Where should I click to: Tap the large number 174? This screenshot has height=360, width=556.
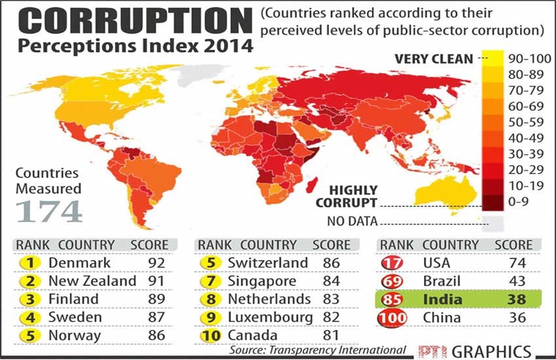coord(49,211)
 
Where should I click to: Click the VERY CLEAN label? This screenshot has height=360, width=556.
coord(433,59)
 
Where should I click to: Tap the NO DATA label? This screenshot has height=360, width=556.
coord(353,221)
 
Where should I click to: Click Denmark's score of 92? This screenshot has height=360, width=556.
coord(155,262)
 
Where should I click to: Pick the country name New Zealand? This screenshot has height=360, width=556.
coord(92,281)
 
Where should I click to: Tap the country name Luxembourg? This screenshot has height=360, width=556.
coord(270,317)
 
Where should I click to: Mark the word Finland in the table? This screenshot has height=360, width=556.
coord(73,299)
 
